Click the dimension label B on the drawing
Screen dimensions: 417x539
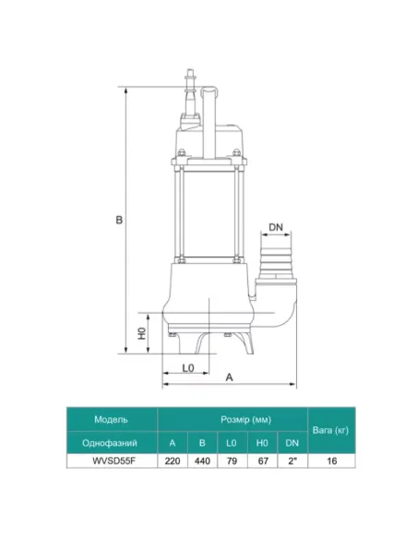119,220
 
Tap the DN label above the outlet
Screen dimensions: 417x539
276,227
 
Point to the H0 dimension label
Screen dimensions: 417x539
142,333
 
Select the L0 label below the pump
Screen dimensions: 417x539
188,368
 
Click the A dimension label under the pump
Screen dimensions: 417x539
229,377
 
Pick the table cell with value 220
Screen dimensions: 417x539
173,461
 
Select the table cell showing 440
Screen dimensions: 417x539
202,461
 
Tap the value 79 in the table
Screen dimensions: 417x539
232,461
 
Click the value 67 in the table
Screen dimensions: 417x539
263,461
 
